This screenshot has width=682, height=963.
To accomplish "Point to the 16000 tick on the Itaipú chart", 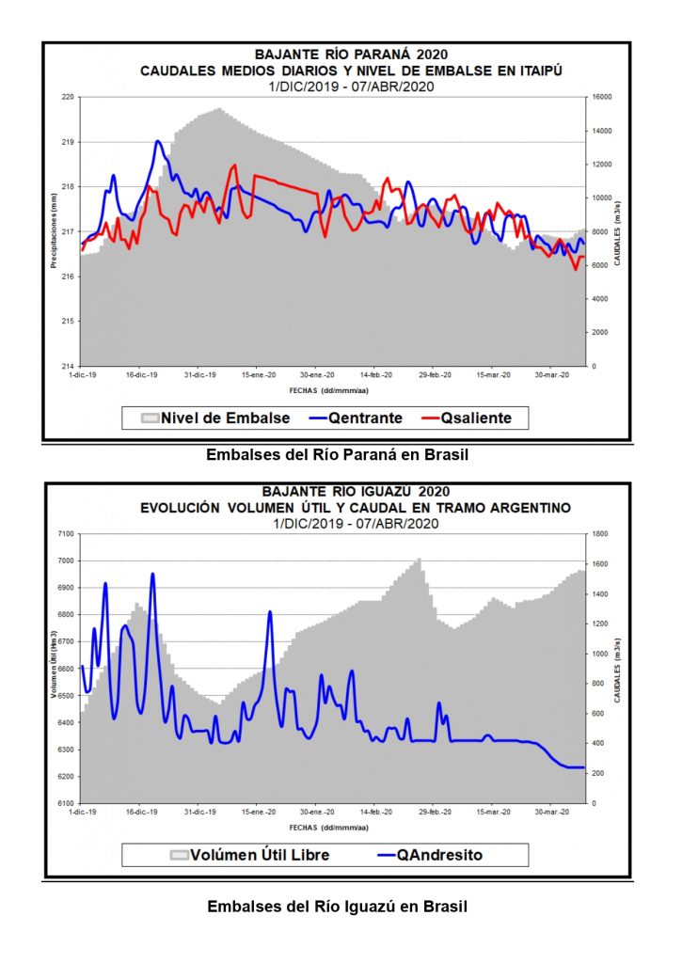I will pyautogui.click(x=602, y=97).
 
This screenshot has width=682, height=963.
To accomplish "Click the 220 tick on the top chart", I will pyautogui.click(x=68, y=97).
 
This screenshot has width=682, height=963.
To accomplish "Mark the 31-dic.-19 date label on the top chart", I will pyautogui.click(x=198, y=374).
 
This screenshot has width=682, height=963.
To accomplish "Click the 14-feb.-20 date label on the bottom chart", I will pyautogui.click(x=374, y=811).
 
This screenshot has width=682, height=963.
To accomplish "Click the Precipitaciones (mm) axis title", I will pyautogui.click(x=54, y=230).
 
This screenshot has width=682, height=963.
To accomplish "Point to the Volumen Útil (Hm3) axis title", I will pyautogui.click(x=54, y=668).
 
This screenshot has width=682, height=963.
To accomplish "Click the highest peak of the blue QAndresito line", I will pyautogui.click(x=152, y=574).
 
